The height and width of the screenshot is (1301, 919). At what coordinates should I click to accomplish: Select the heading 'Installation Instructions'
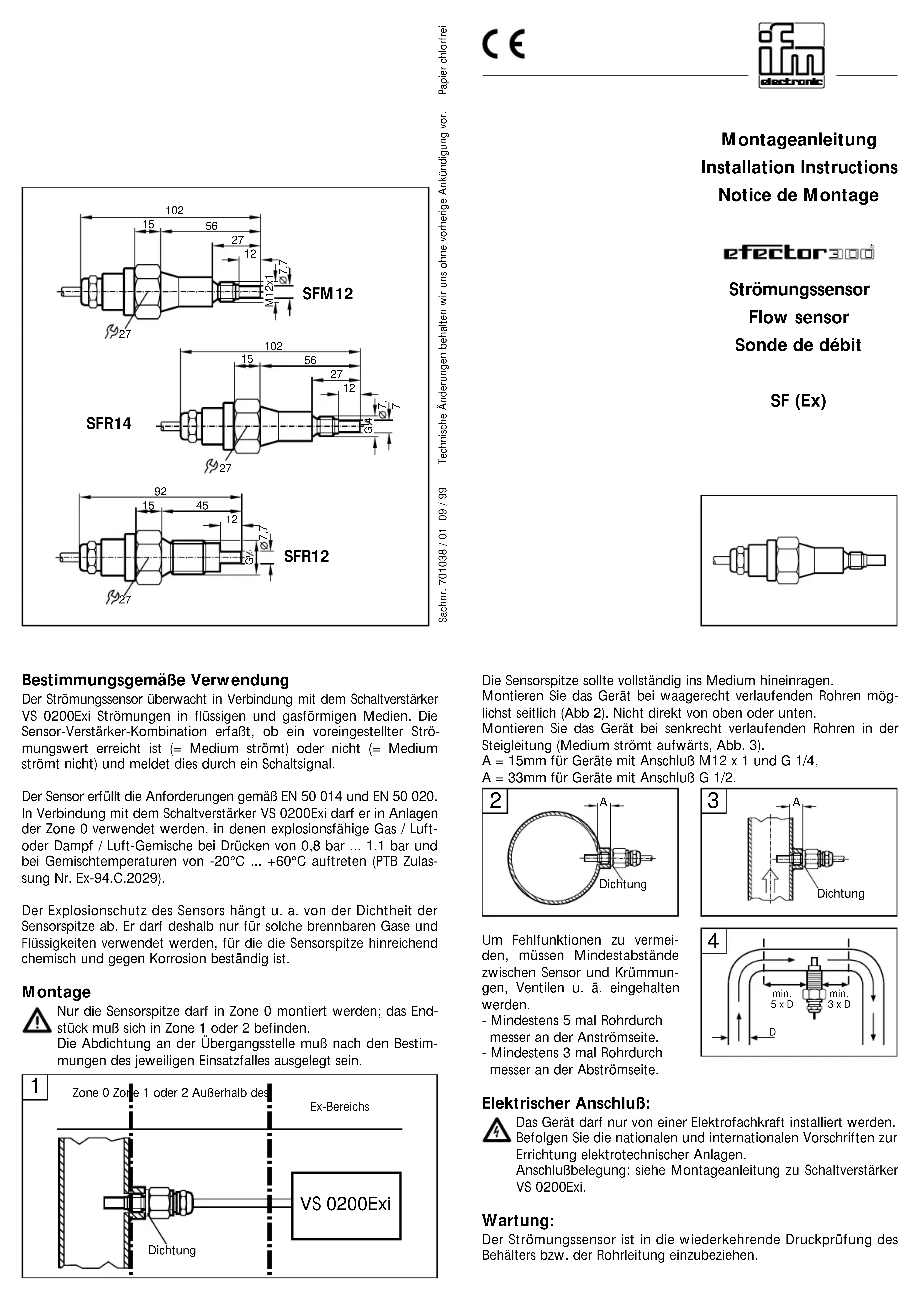tap(799, 168)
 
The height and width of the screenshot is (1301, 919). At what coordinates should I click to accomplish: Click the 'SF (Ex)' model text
tap(798, 401)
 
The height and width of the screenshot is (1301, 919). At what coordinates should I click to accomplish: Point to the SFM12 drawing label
tap(327, 294)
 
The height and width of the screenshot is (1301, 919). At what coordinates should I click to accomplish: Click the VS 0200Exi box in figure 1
tap(346, 1204)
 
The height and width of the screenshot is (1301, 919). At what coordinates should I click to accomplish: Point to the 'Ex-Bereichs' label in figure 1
tap(339, 1107)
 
